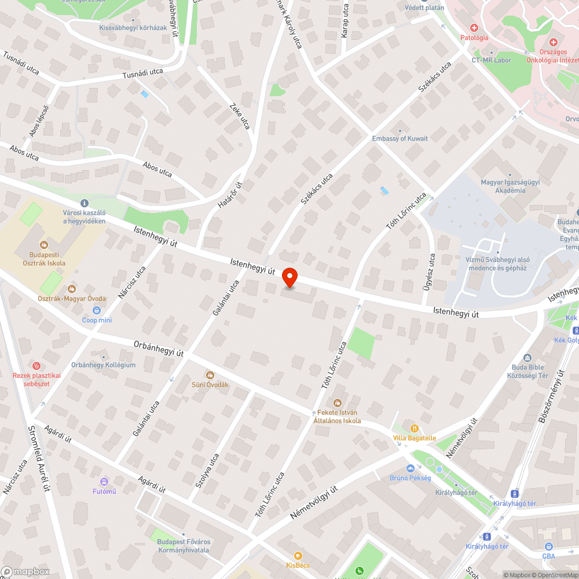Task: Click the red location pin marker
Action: (289, 277)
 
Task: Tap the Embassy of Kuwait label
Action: (400, 138)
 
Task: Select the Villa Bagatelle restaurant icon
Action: (414, 428)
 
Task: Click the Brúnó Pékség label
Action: (410, 478)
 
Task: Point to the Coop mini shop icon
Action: (97, 310)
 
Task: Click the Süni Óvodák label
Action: (210, 384)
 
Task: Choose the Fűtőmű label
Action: (104, 492)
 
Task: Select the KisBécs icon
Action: (298, 555)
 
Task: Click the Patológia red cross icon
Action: (474, 27)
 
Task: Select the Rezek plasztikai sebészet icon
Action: (36, 365)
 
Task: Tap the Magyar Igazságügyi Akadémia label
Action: (503, 186)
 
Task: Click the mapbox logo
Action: (26, 571)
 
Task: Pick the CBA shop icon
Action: (548, 546)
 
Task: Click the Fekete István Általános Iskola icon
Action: (337, 403)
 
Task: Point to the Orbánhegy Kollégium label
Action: (103, 365)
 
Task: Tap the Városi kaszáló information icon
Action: (85, 203)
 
